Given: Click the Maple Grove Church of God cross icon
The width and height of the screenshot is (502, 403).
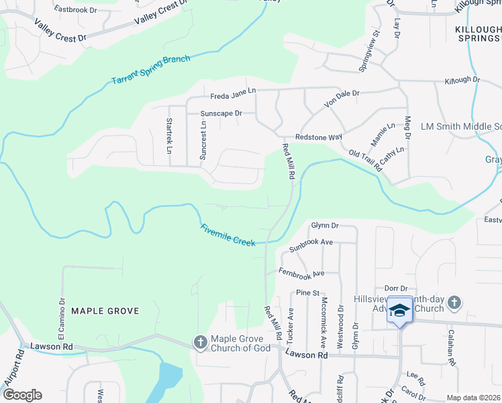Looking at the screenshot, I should [x=200, y=343].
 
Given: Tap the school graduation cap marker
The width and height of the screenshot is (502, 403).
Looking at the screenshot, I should [x=400, y=310].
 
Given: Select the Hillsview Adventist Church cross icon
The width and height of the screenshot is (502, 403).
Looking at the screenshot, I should [x=454, y=303].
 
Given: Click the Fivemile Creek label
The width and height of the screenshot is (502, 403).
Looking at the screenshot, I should [x=228, y=235].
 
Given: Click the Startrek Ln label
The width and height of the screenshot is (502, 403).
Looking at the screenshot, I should [x=169, y=134].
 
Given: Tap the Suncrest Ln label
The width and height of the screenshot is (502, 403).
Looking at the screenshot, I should [x=202, y=140].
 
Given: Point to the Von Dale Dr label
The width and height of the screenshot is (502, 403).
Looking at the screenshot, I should [x=342, y=99].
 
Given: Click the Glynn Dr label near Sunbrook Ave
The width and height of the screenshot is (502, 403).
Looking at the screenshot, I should [x=325, y=226].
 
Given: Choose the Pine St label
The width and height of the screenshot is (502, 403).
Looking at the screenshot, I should [x=307, y=293].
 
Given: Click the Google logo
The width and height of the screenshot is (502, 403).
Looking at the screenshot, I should [x=22, y=394].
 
